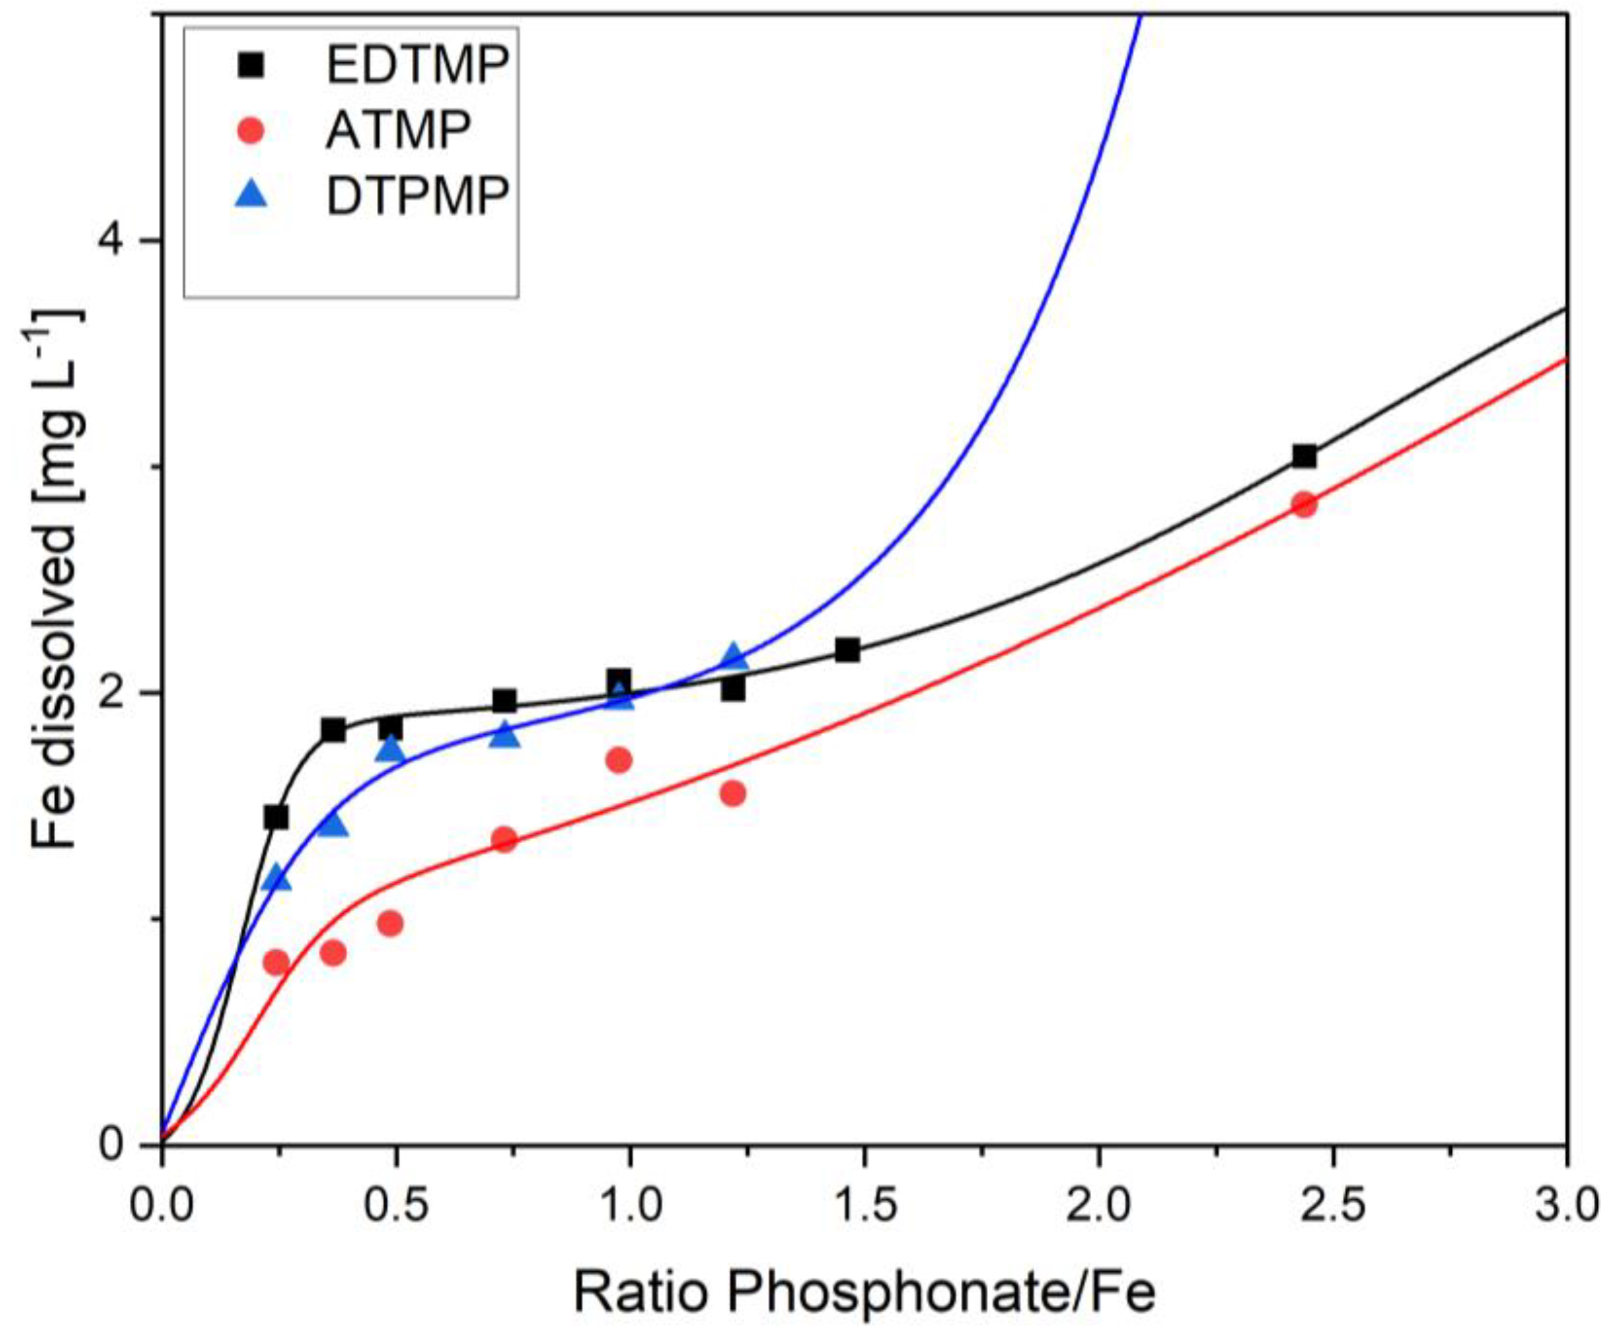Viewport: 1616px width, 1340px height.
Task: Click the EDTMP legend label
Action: coord(418,66)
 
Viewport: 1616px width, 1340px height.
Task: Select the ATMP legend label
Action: coord(398,132)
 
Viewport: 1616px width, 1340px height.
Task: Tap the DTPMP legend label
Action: coord(418,197)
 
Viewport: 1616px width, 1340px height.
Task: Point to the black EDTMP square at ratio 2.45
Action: coord(1303,456)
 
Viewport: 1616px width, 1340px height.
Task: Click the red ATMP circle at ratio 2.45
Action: coord(1303,505)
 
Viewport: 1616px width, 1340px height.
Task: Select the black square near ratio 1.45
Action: coord(847,650)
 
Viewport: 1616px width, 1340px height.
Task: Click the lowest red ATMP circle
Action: coord(276,963)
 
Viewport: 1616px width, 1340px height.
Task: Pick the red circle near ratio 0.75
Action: coord(504,839)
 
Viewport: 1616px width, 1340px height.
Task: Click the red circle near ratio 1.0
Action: coord(619,760)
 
